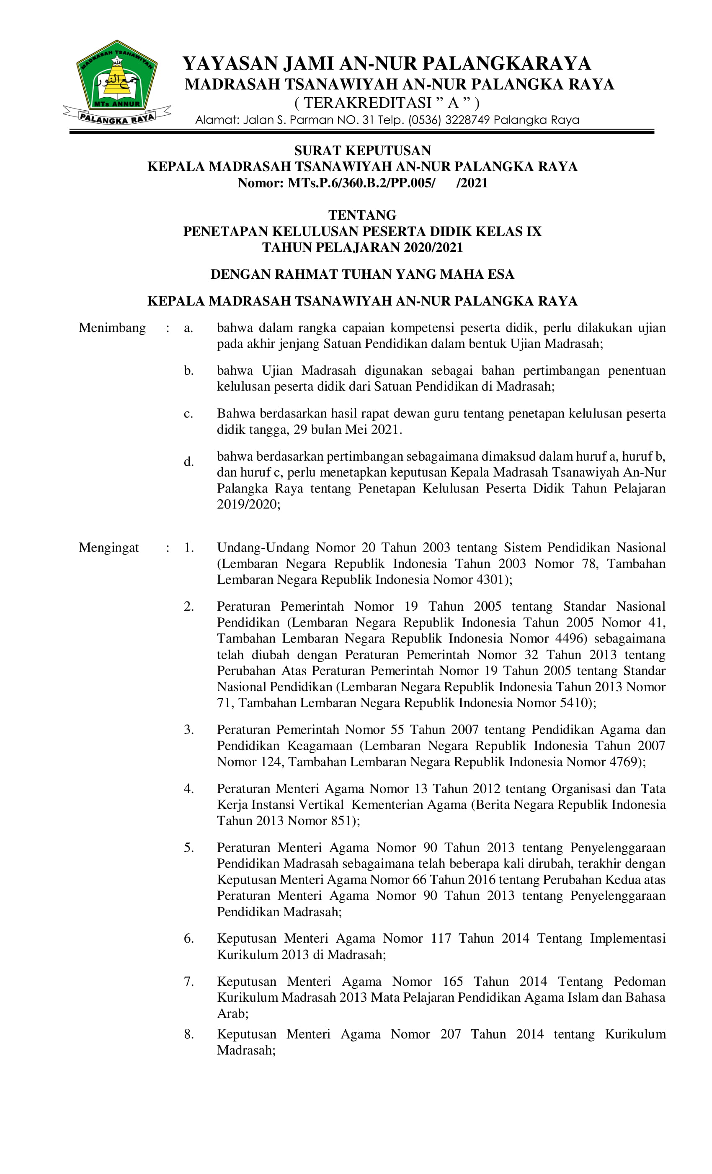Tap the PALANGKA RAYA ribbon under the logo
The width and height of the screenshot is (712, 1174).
(x=117, y=117)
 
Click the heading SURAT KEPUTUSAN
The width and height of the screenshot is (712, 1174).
(x=362, y=150)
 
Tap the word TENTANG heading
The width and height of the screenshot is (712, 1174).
(x=362, y=215)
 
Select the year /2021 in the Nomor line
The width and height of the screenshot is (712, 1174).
(x=472, y=183)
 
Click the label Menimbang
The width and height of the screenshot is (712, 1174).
(x=112, y=328)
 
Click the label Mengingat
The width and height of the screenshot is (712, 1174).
(x=108, y=547)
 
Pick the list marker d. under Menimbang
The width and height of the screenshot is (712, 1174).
(x=188, y=461)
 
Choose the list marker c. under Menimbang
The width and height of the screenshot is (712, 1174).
(x=188, y=414)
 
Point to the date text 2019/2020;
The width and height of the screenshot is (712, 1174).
(x=249, y=504)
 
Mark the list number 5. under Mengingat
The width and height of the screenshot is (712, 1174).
(x=188, y=847)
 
